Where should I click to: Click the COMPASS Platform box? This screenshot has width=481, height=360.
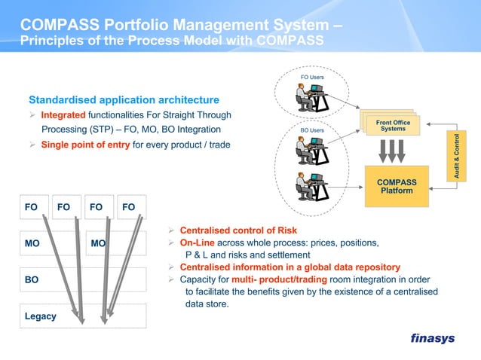[x=397, y=187]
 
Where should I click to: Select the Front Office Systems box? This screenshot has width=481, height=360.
[x=393, y=126]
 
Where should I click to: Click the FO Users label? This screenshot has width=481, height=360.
[x=312, y=78]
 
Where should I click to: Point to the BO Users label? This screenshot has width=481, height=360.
[x=311, y=130]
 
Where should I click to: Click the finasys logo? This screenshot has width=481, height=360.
[x=432, y=338]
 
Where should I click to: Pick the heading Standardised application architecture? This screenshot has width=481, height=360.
[x=124, y=99]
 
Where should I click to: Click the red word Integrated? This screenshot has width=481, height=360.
[x=63, y=115]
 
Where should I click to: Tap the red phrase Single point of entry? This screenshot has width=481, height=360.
[x=85, y=145]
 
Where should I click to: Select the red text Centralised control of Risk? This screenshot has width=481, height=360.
[x=238, y=230]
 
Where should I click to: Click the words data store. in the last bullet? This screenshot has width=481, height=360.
[x=207, y=304]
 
